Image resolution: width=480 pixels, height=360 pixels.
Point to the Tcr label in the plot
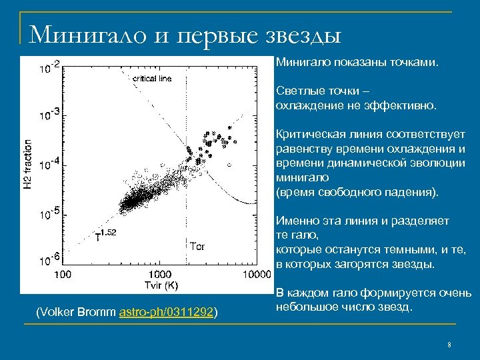point(198,246)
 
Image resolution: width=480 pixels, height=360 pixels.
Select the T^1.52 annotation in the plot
point(106,234)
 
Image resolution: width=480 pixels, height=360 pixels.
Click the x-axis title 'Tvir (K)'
point(160,285)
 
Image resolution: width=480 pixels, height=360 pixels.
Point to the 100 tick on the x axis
point(63,274)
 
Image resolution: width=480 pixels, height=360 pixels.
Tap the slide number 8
point(449,345)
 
